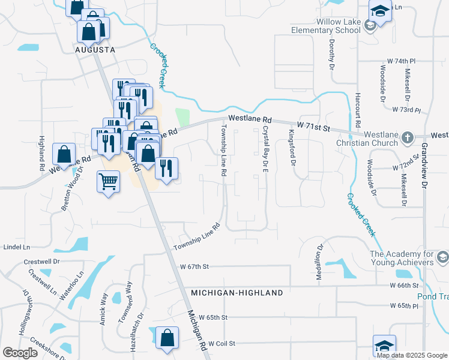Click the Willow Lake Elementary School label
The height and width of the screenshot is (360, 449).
pos(325,26)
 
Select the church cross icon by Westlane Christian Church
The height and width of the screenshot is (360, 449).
pos(408,137)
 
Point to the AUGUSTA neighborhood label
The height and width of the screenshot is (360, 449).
pos(95,50)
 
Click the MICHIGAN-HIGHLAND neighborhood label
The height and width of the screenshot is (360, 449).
pos(237,293)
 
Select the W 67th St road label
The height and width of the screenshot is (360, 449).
pos(193,266)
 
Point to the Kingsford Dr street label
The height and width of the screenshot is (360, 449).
pos(293,148)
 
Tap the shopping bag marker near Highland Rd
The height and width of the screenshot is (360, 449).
pos(64,155)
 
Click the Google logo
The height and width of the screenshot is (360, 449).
pos(20,353)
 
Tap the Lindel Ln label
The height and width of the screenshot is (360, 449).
pos(16,247)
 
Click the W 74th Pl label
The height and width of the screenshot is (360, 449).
pos(400,62)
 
